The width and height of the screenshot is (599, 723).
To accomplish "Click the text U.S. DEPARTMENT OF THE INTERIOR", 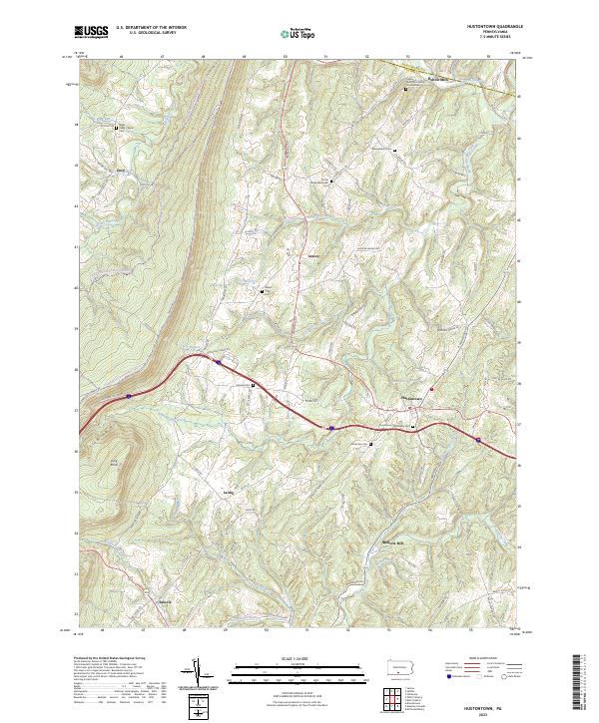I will pyautogui.click(x=151, y=28).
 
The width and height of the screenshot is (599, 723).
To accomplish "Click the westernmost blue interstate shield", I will pyautogui.click(x=129, y=396).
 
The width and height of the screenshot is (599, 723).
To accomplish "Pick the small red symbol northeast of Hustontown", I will pyautogui.click(x=432, y=388).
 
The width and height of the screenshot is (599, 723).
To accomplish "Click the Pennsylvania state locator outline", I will pyautogui.click(x=400, y=665).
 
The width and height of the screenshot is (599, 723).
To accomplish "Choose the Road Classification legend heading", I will pyautogui.click(x=469, y=659).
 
